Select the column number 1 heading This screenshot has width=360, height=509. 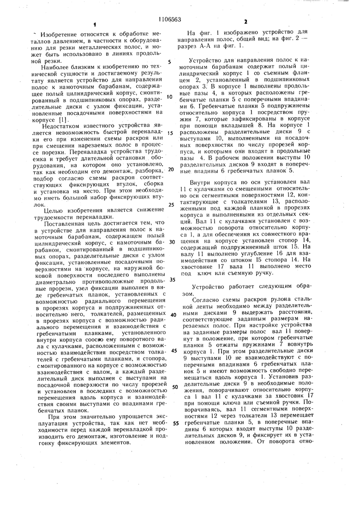94,24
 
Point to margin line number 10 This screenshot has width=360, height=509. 170,97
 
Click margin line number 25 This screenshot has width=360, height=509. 170,204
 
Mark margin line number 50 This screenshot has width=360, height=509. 174,387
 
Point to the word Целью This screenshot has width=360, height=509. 50,211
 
